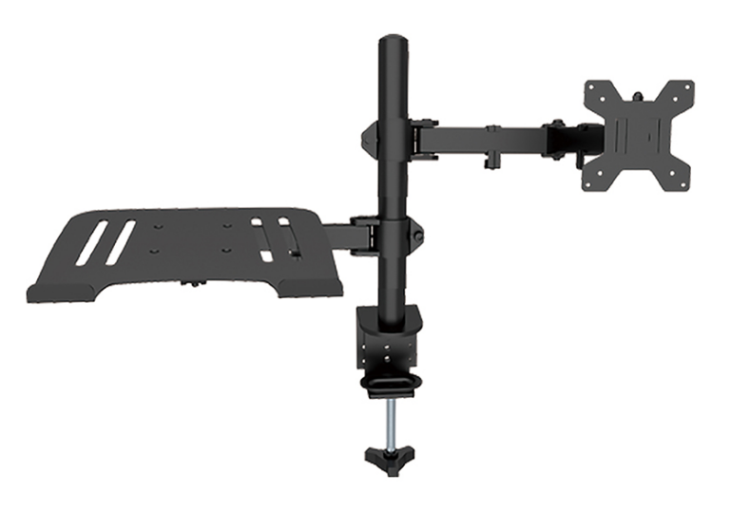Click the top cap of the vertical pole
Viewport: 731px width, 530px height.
click(393, 43)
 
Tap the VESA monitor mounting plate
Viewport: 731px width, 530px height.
click(638, 133)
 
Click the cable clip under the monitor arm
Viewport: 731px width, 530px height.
click(492, 159)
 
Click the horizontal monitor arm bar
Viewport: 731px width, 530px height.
click(485, 136)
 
